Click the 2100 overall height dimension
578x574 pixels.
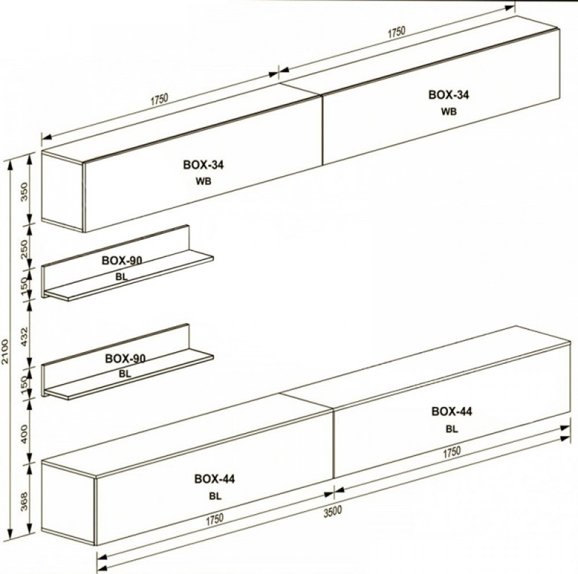(x=5, y=352)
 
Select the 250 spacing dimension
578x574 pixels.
(x=24, y=249)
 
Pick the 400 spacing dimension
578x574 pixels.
(x=24, y=434)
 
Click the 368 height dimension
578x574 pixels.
(x=24, y=501)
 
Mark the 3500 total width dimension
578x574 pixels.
(x=332, y=512)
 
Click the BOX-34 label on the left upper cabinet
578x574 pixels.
(x=203, y=165)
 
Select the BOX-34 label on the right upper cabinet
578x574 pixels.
(x=449, y=95)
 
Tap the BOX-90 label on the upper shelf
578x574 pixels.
(x=122, y=260)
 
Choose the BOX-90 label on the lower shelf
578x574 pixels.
(x=125, y=358)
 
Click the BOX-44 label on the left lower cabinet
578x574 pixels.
(x=214, y=479)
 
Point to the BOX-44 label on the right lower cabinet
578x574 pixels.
(x=451, y=411)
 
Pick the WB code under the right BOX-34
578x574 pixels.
(x=449, y=111)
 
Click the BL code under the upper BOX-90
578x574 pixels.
(x=121, y=277)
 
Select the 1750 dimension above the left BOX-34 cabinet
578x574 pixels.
(x=159, y=100)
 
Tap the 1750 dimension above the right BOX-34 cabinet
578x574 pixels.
(x=397, y=32)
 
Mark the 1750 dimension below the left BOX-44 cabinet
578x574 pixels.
(x=214, y=520)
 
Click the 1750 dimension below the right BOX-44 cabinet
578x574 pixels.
(x=451, y=452)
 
